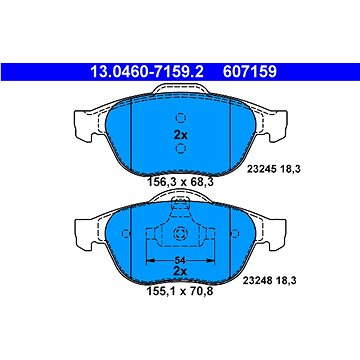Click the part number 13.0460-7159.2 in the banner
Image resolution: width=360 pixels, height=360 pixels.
147,72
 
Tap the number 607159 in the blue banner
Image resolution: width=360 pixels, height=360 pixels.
250,72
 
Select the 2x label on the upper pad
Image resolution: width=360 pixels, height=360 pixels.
180,135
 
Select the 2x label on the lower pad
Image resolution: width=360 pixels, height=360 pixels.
180,271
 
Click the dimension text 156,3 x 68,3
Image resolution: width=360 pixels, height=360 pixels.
180,182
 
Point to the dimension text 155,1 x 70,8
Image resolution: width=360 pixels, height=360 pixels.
180,292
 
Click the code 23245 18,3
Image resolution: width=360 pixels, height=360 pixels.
274,169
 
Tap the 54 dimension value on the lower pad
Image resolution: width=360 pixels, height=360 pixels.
180,260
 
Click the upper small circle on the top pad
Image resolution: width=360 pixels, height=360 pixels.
180,118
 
